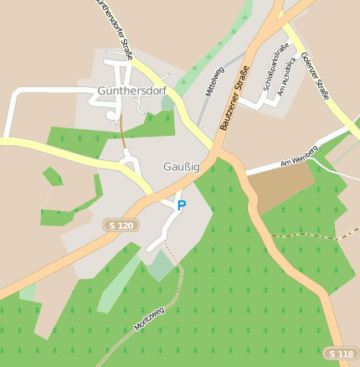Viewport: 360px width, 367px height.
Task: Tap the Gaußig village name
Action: click(x=182, y=168)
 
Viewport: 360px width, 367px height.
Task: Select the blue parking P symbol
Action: click(x=181, y=205)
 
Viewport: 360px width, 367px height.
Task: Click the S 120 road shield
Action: click(x=121, y=225)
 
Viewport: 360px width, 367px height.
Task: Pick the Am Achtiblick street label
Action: click(x=287, y=75)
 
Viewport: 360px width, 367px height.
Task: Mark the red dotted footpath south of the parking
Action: click(x=173, y=253)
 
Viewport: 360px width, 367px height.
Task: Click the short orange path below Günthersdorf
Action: click(x=122, y=132)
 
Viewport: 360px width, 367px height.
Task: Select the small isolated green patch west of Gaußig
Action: click(x=53, y=176)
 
